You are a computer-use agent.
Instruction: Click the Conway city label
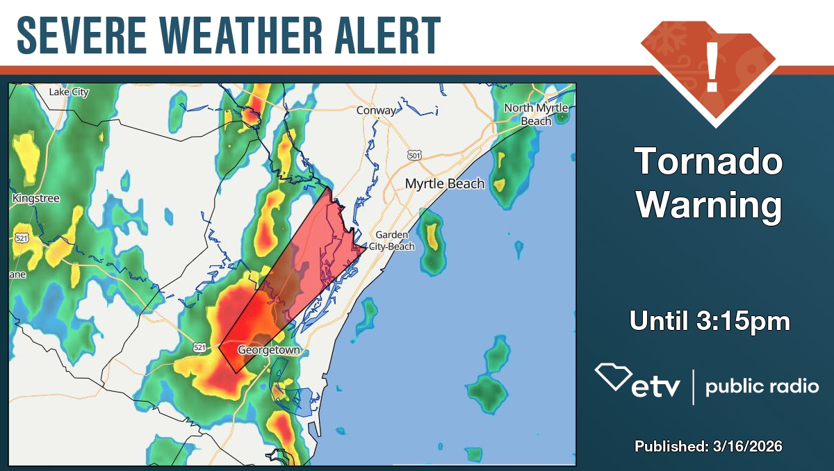(x=376, y=110)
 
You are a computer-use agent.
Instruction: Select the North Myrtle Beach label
(x=536, y=114)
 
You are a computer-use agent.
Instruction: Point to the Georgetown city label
(x=268, y=350)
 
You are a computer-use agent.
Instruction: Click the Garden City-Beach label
(x=392, y=241)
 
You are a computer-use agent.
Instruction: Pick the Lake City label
(x=69, y=92)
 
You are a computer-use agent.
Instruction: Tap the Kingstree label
(x=36, y=199)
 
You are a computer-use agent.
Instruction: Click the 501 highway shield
(x=415, y=156)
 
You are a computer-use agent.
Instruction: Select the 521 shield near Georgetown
(x=199, y=347)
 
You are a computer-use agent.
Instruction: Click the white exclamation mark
(x=712, y=67)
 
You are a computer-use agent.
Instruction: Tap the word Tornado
(x=709, y=163)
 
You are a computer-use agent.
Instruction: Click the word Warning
(x=709, y=206)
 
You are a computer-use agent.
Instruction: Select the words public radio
(x=762, y=387)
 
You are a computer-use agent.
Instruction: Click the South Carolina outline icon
(x=612, y=377)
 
